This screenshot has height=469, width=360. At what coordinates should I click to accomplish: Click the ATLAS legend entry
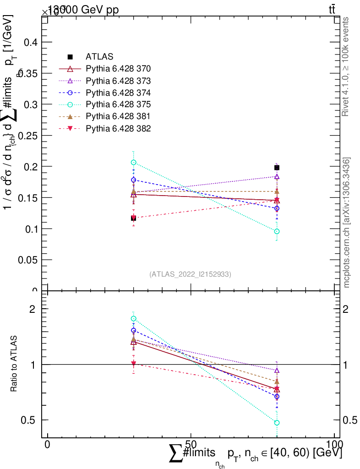click(99, 57)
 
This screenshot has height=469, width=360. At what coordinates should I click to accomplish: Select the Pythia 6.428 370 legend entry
click(118, 69)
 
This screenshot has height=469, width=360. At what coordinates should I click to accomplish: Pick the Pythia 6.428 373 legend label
click(118, 81)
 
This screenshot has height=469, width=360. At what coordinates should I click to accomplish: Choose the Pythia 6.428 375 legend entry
click(118, 104)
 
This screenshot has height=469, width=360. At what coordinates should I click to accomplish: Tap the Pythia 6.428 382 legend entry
click(118, 128)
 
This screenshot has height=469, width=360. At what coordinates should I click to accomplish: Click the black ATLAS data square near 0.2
click(277, 168)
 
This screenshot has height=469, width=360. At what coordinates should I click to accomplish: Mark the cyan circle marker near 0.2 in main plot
click(133, 163)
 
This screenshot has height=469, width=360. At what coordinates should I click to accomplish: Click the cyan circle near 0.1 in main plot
click(277, 231)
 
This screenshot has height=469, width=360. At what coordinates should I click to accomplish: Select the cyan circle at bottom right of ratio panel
click(277, 423)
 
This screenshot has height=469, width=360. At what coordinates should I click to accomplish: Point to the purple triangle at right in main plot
click(277, 176)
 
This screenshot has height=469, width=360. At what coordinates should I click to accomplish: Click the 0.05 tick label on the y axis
click(27, 260)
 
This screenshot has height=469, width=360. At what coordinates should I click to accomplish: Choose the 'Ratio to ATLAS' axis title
click(14, 364)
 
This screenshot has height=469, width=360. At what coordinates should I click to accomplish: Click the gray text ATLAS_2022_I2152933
click(190, 274)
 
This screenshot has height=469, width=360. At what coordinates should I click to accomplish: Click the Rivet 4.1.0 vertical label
click(346, 66)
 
